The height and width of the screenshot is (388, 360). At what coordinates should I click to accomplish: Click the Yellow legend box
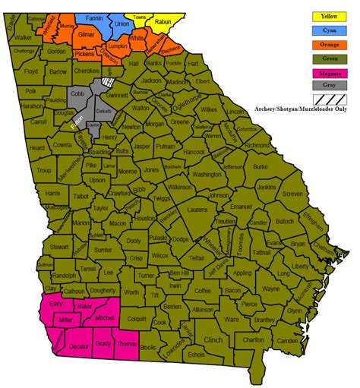pos(329,15)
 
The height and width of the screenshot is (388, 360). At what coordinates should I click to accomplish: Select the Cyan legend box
pos(329,30)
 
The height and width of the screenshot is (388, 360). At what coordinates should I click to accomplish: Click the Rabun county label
pos(163,23)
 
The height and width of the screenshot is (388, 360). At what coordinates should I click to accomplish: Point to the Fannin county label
pos(94,18)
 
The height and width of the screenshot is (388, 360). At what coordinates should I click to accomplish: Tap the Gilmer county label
pos(86,36)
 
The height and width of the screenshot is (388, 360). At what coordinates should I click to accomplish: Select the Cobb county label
pos(77,93)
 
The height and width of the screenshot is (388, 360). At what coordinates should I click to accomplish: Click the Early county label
pos(55,304)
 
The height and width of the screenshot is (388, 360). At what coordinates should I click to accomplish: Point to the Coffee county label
pos(202,291)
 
